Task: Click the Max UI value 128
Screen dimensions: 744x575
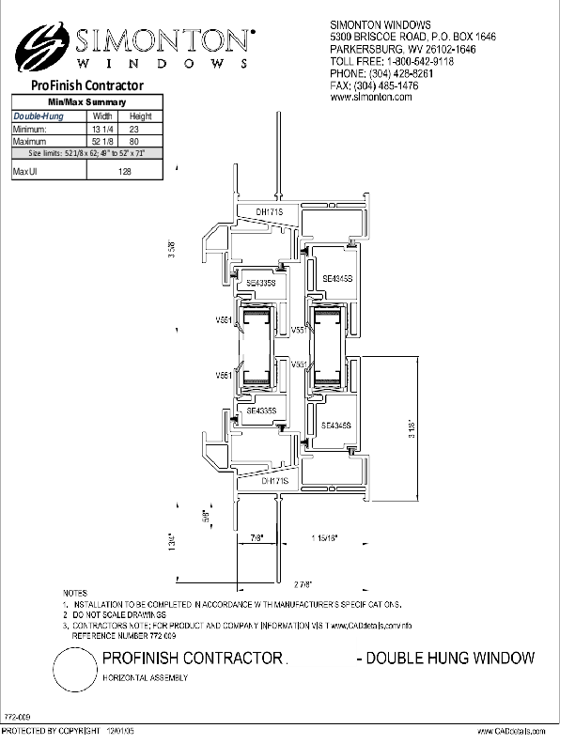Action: [x=124, y=172]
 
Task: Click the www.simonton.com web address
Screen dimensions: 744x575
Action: [x=371, y=97]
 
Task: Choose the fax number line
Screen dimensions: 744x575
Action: [x=374, y=85]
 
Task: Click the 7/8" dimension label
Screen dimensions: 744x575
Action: [x=256, y=536]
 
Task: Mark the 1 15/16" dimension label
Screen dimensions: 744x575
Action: [x=324, y=536]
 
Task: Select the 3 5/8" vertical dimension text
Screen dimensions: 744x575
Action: [x=172, y=252]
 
